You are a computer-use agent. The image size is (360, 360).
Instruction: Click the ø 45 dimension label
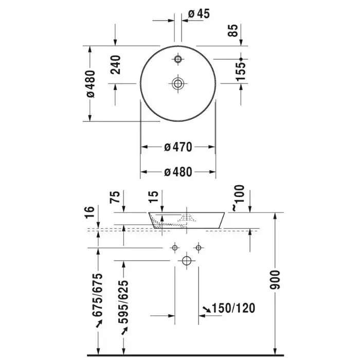[199, 14]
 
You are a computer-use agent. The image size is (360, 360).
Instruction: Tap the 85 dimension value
[233, 30]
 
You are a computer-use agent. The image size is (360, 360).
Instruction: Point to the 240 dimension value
[115, 65]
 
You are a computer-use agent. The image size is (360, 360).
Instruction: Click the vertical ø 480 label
[91, 84]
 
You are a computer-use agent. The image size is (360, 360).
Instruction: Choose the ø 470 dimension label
[178, 147]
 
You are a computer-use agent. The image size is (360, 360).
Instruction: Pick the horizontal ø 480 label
[178, 172]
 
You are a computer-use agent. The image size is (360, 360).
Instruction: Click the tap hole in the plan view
[178, 59]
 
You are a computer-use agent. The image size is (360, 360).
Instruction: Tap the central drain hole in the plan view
[178, 83]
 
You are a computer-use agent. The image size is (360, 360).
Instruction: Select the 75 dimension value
[115, 197]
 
